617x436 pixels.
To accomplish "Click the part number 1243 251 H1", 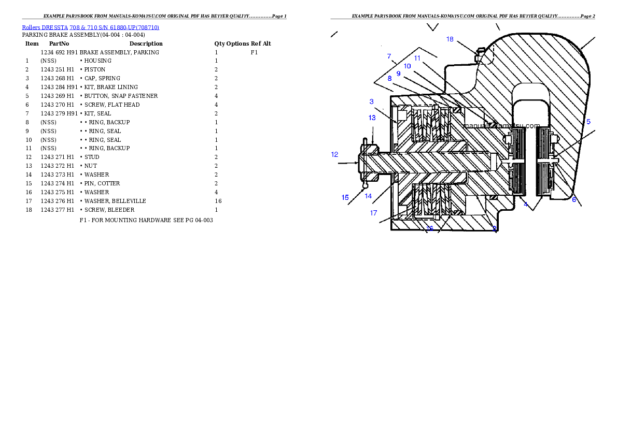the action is coord(57,69).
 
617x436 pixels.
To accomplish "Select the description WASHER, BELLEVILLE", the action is coord(115,201).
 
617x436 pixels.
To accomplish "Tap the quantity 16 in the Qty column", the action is coord(218,201).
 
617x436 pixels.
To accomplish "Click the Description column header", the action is coord(146,43).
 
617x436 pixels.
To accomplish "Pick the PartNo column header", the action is coord(59,43).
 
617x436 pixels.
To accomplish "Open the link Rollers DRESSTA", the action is coord(45,27).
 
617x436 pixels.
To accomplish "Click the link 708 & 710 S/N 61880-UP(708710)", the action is coord(115,27).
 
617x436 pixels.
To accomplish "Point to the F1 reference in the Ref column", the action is coord(254,52).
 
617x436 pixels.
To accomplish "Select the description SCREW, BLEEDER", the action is coord(109,210).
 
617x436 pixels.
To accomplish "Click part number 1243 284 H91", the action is coord(59,88).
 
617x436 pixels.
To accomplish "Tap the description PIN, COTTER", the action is coord(102,184).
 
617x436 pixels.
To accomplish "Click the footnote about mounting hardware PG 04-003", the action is coord(146,220).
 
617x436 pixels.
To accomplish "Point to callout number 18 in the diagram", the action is coord(450,39).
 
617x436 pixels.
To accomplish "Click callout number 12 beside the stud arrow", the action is coord(334,154).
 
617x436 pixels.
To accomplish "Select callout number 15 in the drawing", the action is coord(345,197).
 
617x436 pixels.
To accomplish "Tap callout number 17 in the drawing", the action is coord(373,213).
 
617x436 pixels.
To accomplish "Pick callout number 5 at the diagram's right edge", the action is coord(588,122).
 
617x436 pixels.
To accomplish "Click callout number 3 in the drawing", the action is coord(371,102).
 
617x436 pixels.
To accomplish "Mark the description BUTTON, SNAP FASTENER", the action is coord(121,96).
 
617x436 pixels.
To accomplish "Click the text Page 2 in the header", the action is coord(587,16).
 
